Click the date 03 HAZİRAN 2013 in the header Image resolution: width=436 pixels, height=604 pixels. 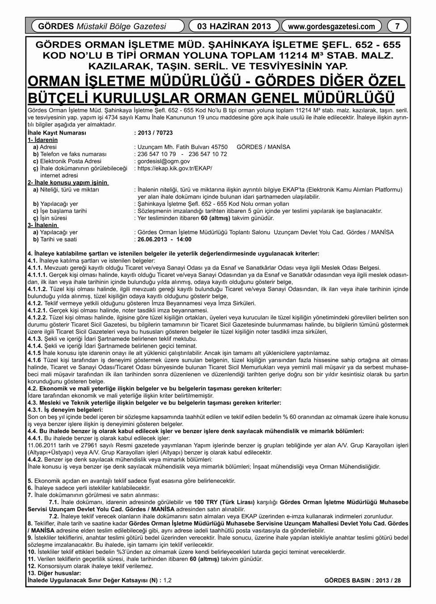click(x=234, y=26)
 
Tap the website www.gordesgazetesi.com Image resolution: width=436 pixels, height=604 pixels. click(x=331, y=26)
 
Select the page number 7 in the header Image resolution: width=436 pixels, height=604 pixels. click(x=397, y=26)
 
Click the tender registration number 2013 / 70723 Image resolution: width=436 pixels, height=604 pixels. click(x=154, y=133)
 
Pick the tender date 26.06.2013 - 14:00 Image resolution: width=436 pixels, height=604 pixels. click(x=165, y=239)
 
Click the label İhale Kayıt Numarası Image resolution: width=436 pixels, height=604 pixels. click(x=56, y=133)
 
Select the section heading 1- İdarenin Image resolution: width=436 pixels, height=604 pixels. click(x=42, y=140)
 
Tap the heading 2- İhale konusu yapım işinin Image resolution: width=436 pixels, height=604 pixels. click(x=68, y=183)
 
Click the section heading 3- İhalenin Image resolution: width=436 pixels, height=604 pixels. click(x=42, y=225)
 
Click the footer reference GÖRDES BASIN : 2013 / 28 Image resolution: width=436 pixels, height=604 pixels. click(x=363, y=580)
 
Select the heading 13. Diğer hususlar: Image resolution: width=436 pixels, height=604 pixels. click(x=54, y=573)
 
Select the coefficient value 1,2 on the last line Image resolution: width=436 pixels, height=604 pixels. click(x=168, y=580)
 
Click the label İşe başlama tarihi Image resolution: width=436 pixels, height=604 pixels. click(x=63, y=211)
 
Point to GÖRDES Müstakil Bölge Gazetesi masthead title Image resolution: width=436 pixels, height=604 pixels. click(x=102, y=26)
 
